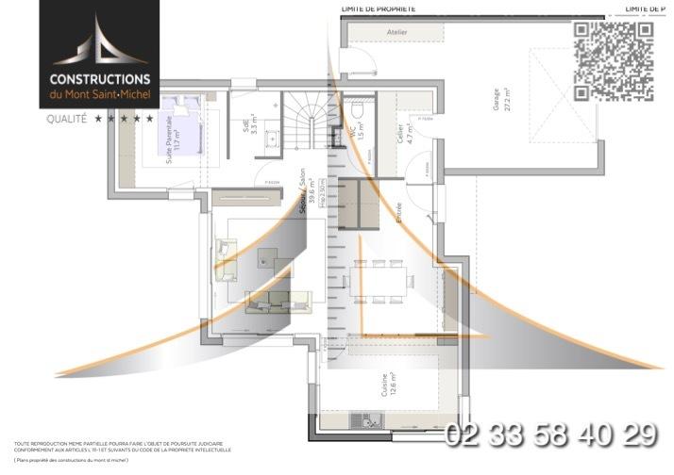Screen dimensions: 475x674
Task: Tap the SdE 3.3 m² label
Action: click(247, 128)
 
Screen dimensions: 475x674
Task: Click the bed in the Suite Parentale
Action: click(189, 125)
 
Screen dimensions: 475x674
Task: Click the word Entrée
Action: click(399, 209)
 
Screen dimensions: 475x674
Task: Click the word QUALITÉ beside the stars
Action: click(66, 119)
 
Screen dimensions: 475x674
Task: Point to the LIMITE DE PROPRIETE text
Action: click(378, 8)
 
